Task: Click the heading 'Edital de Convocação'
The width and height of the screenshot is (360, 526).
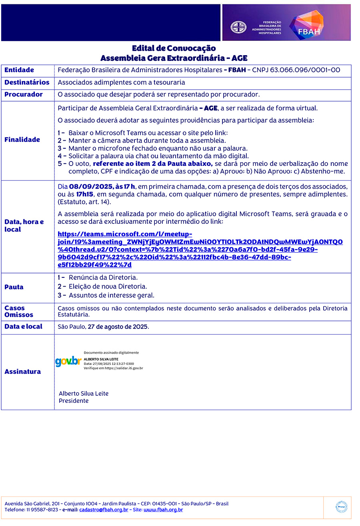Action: (174, 48)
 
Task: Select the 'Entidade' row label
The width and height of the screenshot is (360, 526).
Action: (19, 70)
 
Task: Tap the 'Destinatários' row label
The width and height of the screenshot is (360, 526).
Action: (27, 82)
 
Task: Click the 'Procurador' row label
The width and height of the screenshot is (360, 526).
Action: (23, 95)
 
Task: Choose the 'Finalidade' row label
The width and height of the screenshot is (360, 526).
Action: (22, 139)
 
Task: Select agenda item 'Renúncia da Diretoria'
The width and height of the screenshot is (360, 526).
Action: (103, 277)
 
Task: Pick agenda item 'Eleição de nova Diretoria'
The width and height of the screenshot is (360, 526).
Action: (108, 287)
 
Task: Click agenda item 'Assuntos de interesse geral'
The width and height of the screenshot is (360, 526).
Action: (111, 296)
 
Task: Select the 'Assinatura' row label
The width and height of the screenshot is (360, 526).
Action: (22, 372)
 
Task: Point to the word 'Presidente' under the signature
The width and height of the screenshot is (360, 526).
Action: (74, 401)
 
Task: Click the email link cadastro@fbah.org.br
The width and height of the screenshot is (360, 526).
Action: (104, 510)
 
